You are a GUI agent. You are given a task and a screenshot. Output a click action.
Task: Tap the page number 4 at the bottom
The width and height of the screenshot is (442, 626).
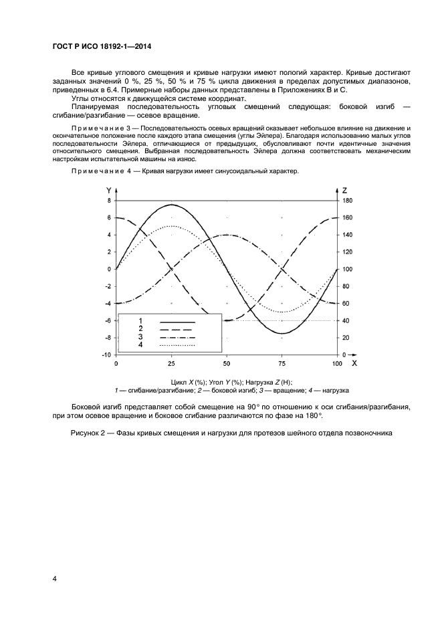54,577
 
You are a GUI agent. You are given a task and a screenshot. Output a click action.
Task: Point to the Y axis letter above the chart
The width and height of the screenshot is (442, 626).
109,190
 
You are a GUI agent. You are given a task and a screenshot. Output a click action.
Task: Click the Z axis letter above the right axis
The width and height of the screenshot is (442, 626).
344,190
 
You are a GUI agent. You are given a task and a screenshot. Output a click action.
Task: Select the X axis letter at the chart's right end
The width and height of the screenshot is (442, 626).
354,363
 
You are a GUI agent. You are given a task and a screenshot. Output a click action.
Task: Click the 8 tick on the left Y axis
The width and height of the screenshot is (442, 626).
109,201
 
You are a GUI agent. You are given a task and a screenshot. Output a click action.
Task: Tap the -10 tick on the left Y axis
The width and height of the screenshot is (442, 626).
106,354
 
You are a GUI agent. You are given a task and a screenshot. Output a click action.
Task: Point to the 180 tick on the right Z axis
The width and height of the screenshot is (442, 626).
347,201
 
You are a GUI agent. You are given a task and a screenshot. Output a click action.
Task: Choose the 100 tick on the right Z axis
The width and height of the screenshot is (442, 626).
347,269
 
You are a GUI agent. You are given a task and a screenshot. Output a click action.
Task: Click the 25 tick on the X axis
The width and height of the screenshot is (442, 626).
171,363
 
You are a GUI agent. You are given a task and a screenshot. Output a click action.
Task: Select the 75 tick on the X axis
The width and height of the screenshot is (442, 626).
282,363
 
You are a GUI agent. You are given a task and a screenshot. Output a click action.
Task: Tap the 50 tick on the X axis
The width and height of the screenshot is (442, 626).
227,363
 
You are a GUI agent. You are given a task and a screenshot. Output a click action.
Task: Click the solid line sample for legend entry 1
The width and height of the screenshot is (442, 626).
177,322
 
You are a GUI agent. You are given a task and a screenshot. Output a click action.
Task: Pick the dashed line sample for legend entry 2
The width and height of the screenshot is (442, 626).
177,330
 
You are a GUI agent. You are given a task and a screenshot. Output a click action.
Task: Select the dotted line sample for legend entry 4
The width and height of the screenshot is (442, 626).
177,346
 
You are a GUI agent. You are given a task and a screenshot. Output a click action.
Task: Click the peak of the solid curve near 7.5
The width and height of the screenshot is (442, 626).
171,205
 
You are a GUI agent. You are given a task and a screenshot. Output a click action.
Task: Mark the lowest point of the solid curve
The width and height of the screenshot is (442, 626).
282,333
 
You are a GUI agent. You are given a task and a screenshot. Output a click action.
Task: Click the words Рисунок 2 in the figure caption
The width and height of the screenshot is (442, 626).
90,433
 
